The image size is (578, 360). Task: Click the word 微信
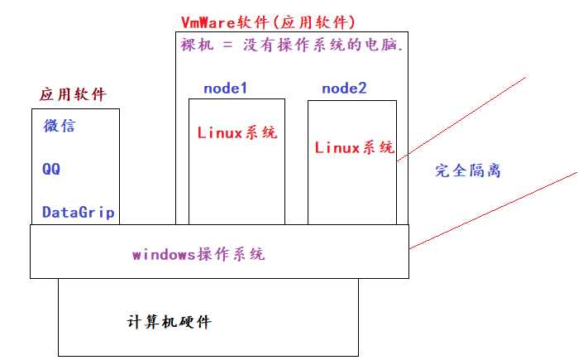[60, 127]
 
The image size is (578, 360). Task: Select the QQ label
[51, 169]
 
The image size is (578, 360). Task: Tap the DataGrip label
[78, 213]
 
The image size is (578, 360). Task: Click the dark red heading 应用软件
[73, 94]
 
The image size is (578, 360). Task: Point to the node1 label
[226, 88]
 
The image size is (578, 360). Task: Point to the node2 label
[344, 88]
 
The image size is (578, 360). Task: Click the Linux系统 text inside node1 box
[236, 132]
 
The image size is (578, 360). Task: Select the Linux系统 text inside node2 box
[355, 148]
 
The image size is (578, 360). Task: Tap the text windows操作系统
[198, 254]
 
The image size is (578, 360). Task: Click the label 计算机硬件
[170, 321]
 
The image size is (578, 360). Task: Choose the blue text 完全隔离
[468, 171]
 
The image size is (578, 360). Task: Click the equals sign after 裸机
[227, 46]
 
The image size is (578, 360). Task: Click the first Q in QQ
[47, 169]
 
